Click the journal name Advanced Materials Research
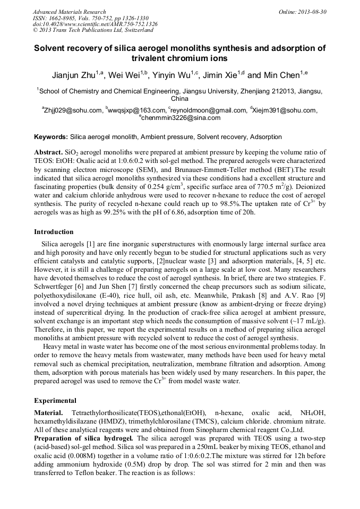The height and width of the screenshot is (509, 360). (x=69, y=11)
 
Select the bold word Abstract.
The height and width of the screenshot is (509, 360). (x=48, y=152)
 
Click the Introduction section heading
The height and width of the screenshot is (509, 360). (x=54, y=232)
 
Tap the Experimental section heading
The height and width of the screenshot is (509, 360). (x=55, y=401)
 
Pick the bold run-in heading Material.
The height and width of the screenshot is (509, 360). (x=48, y=412)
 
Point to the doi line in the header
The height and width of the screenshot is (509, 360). (x=95, y=24)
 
